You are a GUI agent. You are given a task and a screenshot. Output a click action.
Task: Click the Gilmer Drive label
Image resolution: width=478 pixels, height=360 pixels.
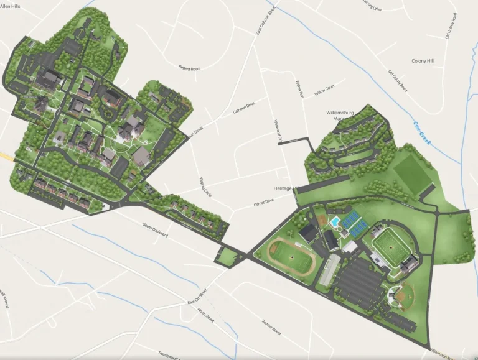(264, 202)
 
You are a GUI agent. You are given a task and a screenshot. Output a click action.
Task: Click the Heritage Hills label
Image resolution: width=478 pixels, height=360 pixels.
(286, 188)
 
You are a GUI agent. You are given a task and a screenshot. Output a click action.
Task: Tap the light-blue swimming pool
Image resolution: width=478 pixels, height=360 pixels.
(335, 222)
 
